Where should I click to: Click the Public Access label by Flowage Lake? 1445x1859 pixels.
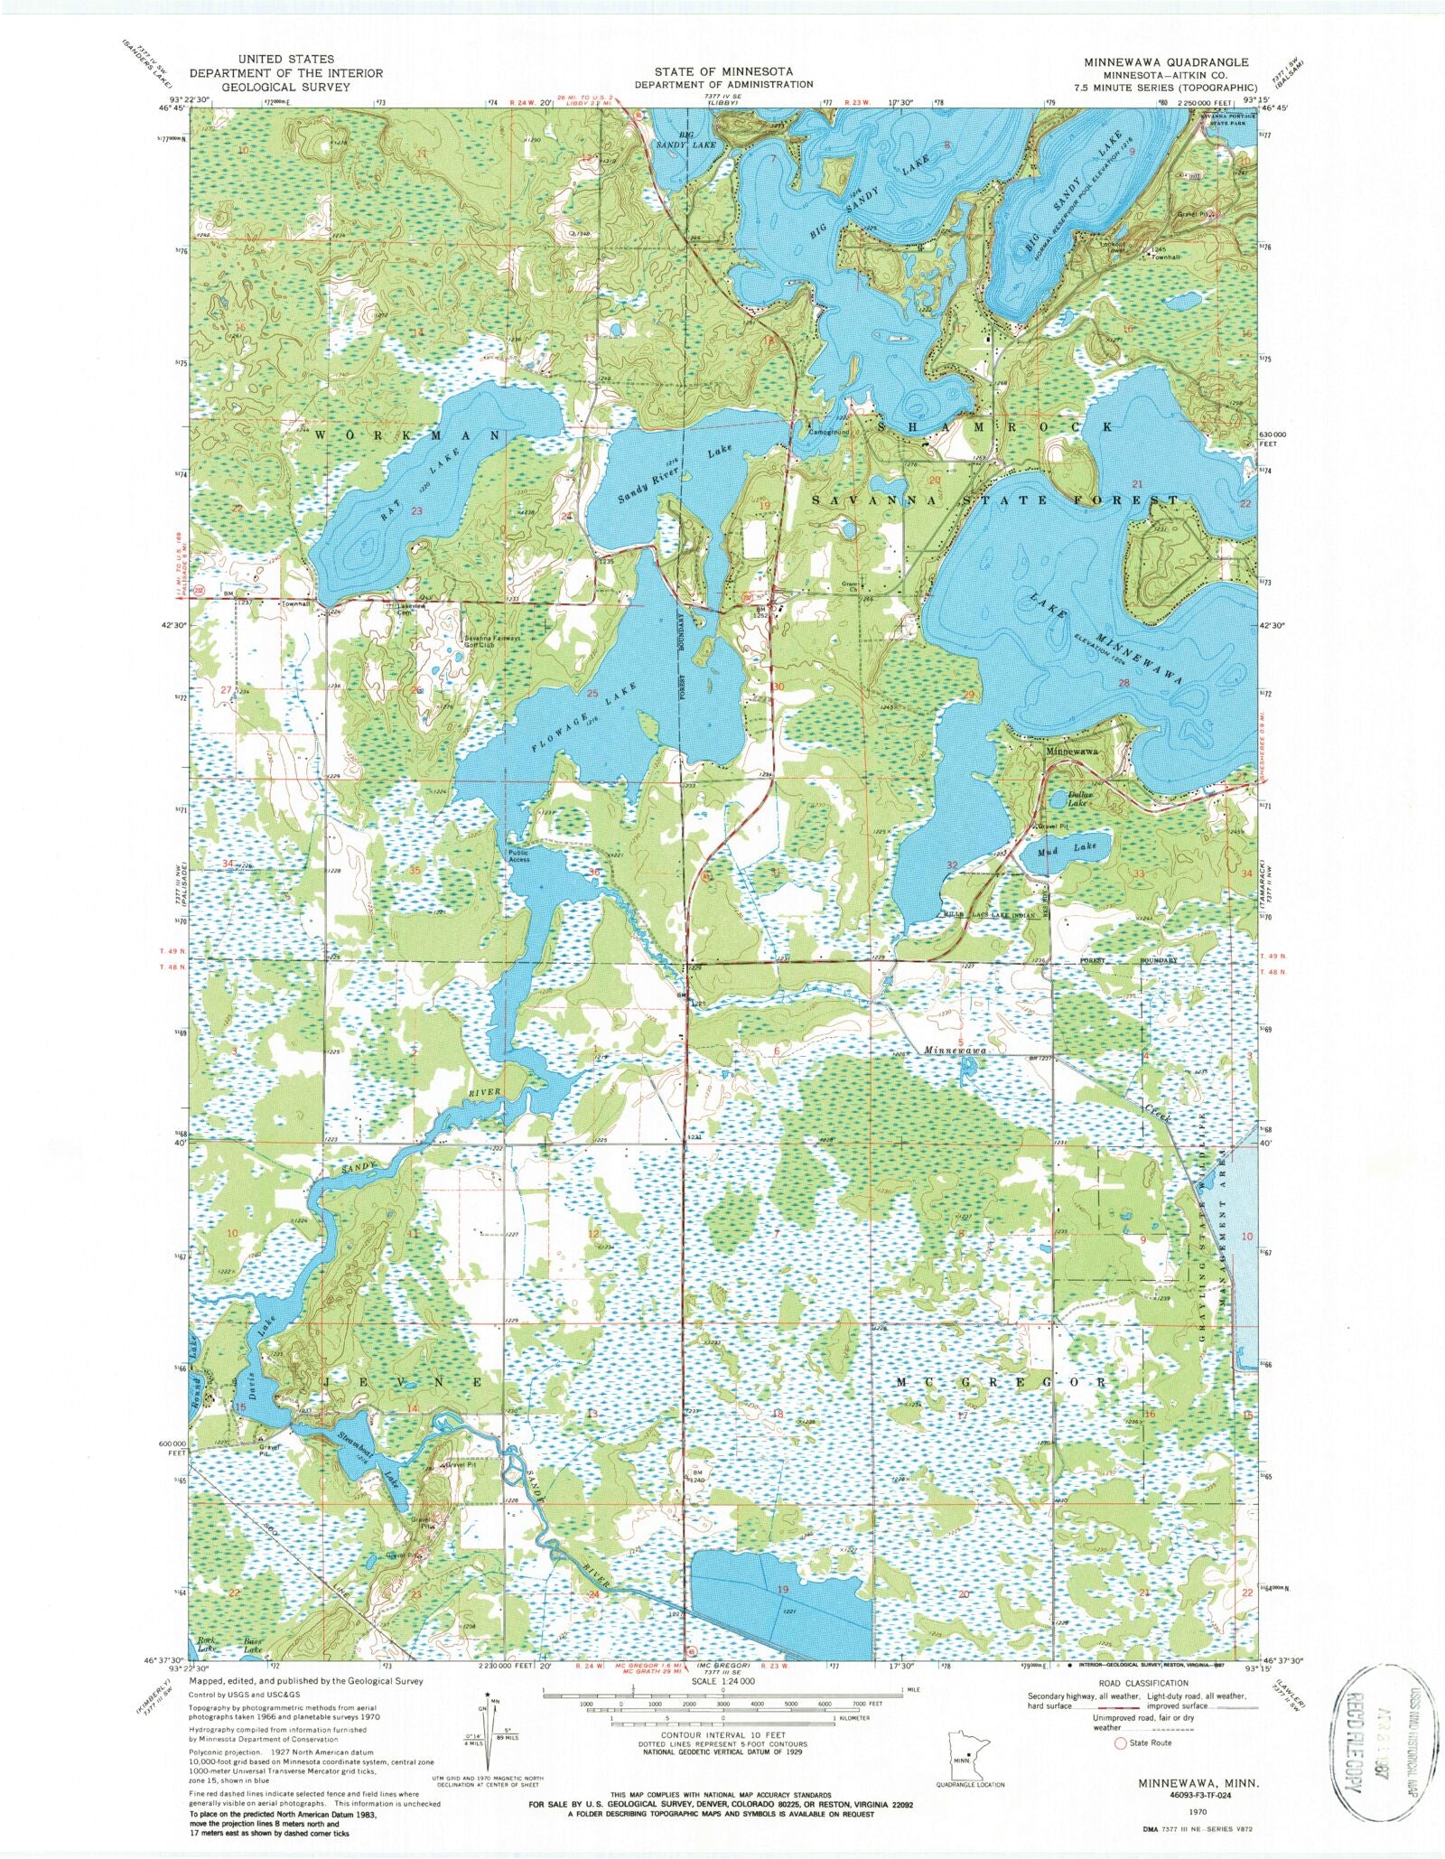tap(518, 855)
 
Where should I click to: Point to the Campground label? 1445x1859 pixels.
tap(828, 432)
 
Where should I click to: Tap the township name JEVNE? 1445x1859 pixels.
tap(406, 1383)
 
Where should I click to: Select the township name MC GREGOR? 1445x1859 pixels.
tap(1001, 1383)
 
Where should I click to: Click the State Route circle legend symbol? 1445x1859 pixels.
tap(1123, 1742)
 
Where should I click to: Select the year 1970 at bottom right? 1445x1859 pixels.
tap(1199, 1811)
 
